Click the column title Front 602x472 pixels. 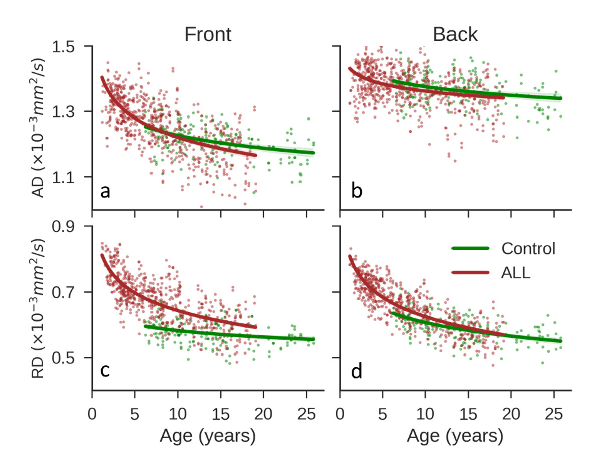(208, 34)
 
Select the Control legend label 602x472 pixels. (528, 248)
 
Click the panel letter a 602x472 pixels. (105, 191)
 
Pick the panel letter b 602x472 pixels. (357, 191)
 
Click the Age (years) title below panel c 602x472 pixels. (208, 436)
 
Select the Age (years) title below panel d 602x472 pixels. (455, 436)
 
